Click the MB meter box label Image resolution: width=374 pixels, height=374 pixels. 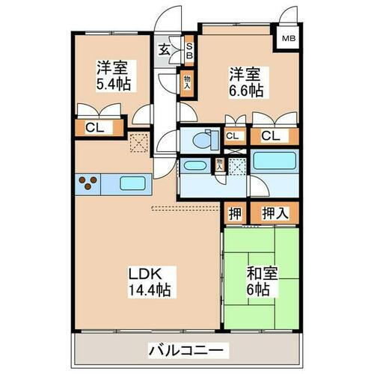(287, 40)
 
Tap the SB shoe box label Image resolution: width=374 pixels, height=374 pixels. (189, 51)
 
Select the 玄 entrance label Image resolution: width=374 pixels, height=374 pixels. (165, 50)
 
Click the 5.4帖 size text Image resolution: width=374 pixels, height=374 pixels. (113, 83)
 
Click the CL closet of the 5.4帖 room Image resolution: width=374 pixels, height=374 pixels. (95, 128)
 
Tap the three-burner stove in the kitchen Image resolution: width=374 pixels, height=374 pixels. (89, 182)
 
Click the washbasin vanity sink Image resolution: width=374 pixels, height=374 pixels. (196, 167)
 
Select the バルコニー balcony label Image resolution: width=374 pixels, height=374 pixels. (186, 350)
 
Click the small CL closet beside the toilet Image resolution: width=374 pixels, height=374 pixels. (233, 135)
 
